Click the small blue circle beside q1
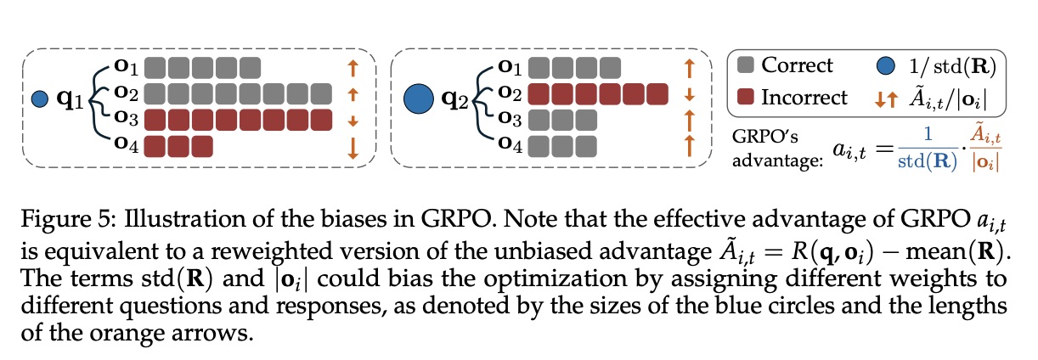click(x=38, y=100)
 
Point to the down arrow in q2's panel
click(x=690, y=93)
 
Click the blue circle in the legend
click(x=884, y=65)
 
